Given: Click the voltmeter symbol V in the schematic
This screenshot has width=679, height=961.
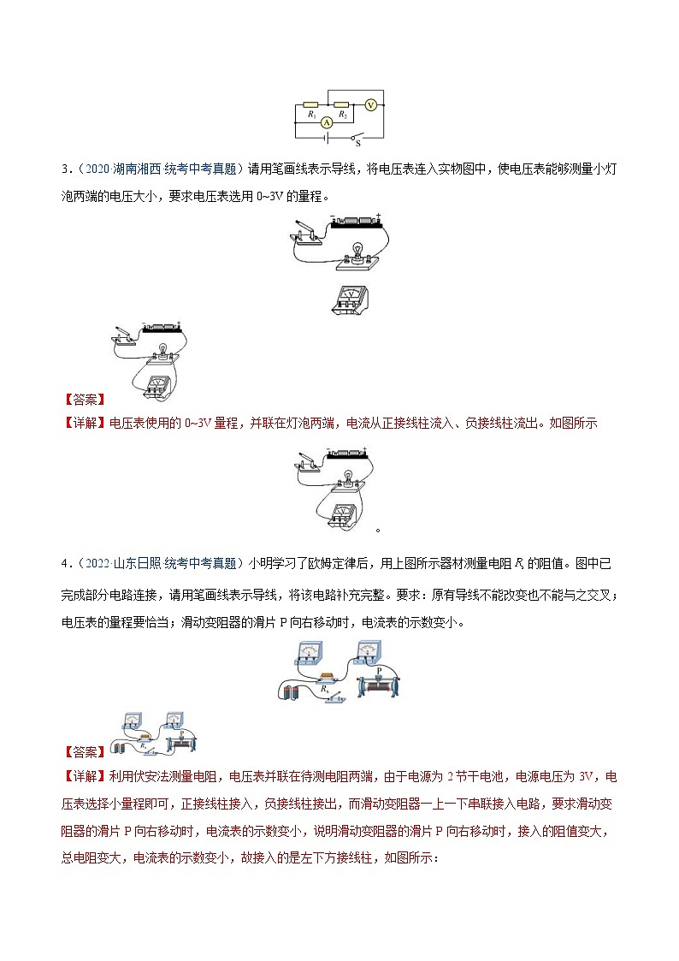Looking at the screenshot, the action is pos(370,104).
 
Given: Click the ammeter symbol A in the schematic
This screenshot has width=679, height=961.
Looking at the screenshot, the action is pos(326,123).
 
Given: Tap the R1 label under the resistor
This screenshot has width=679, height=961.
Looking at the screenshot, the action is pos(311,114).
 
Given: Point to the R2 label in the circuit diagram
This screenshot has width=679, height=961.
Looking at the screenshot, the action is pos(342,114).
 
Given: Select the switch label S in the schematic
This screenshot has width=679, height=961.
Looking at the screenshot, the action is pos(357,144).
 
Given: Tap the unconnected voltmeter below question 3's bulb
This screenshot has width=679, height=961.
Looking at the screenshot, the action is pos(349,300).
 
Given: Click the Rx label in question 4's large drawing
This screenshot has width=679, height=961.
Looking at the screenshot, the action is pos(324,687).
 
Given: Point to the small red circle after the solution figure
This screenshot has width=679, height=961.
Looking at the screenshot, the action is pos(378,530).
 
